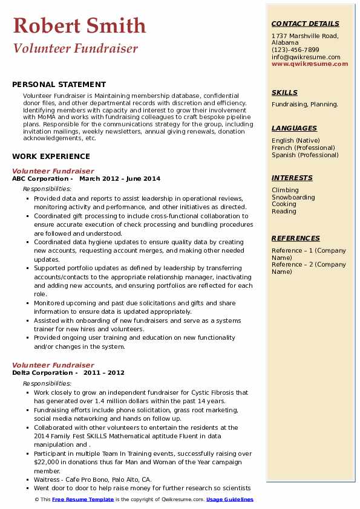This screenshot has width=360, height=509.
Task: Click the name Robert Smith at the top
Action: (x=79, y=25)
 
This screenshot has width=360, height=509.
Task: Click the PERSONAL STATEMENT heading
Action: (x=59, y=85)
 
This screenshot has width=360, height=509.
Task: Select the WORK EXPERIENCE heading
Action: (x=51, y=156)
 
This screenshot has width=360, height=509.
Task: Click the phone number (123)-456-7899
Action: (x=295, y=50)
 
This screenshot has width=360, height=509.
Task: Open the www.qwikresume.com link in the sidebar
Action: (x=310, y=63)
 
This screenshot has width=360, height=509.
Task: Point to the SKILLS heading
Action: (x=284, y=92)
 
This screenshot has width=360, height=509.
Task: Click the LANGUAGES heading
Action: (x=294, y=128)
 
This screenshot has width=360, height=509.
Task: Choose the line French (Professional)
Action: (x=303, y=148)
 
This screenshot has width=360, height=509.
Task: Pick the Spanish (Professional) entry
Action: (x=305, y=155)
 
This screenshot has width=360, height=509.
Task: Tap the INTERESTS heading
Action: (x=292, y=178)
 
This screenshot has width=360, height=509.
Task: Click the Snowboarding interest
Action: (x=293, y=197)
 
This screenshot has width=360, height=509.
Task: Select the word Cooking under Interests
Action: (x=284, y=204)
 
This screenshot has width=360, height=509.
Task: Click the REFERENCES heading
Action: (x=295, y=238)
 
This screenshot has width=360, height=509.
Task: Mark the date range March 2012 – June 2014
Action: (x=120, y=179)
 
